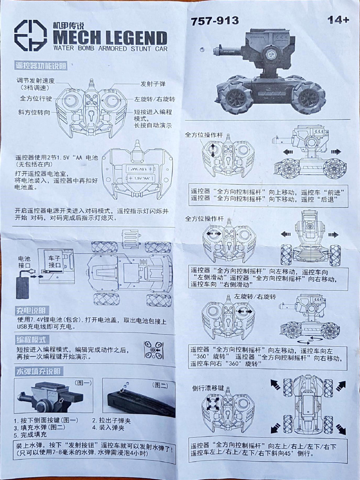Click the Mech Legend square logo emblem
[30, 35]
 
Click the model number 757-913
[215, 21]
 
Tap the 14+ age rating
[338, 20]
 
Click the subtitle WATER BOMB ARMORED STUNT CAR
[109, 49]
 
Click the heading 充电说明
[32, 310]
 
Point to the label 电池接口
[24, 262]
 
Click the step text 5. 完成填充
[30, 435]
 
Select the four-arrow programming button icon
[154, 350]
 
